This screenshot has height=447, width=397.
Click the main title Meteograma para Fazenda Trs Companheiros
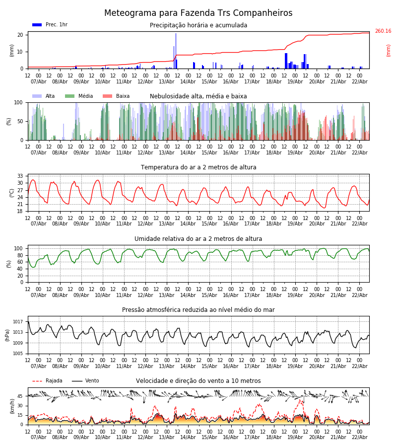click(198, 13)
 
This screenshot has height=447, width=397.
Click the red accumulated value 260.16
click(383, 31)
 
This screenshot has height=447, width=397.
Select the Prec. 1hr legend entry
click(50, 25)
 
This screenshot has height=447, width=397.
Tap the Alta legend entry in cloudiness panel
click(45, 96)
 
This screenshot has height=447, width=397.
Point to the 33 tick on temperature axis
click(20, 176)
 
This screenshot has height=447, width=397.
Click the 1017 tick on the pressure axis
click(18, 322)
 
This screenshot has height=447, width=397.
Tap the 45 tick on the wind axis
click(20, 396)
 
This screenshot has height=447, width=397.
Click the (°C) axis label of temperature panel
click(12, 193)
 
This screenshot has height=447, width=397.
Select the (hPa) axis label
click(8, 335)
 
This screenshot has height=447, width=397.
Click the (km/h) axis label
click(12, 406)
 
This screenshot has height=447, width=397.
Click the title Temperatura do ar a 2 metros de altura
click(198, 167)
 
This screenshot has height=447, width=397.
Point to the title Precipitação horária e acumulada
click(198, 25)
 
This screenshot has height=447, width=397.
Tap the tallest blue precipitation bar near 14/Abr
click(176, 50)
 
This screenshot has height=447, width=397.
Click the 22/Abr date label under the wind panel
click(359, 437)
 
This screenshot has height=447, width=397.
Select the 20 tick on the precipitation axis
click(21, 35)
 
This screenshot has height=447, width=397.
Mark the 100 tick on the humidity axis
click(18, 248)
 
